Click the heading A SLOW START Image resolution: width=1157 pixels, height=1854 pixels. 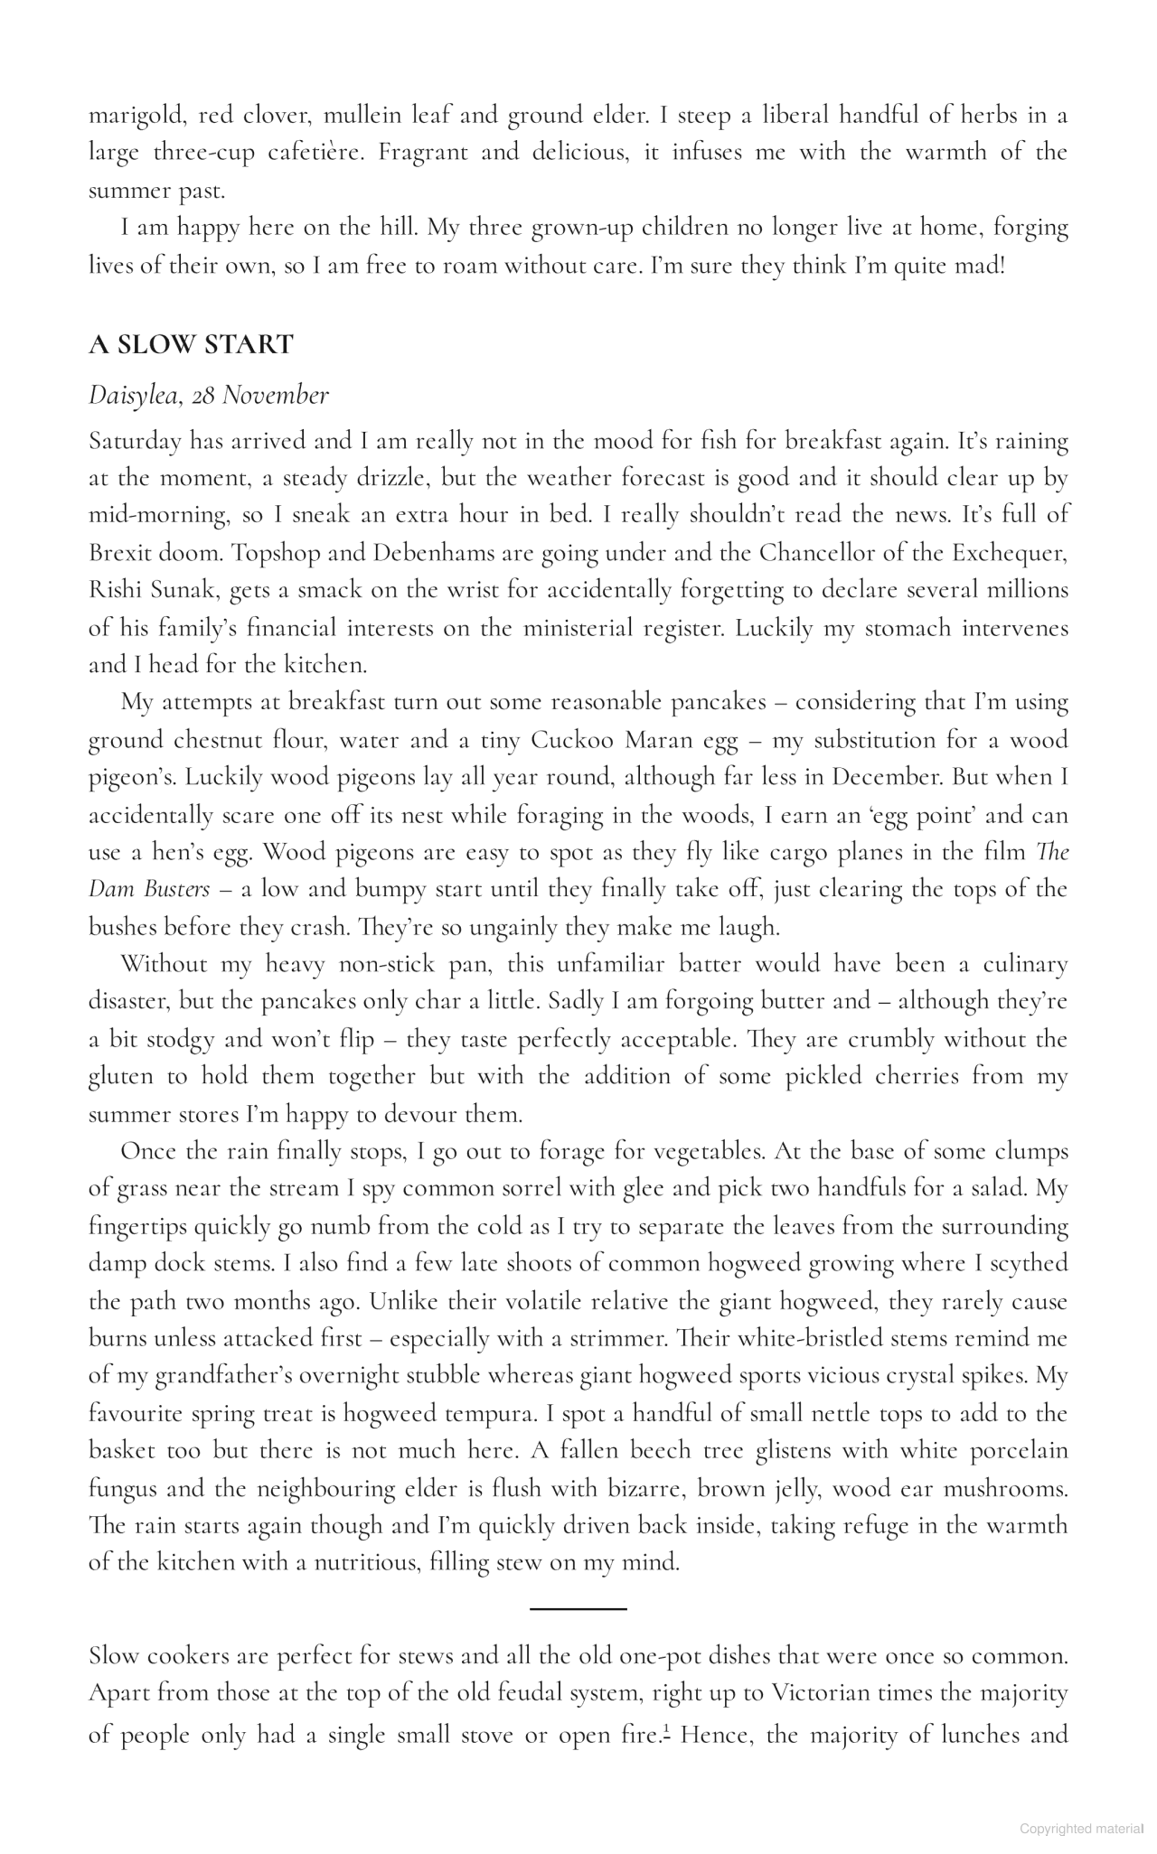[x=191, y=344]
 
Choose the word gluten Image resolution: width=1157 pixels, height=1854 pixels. [x=126, y=1077]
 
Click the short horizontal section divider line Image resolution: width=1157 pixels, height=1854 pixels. [x=578, y=1609]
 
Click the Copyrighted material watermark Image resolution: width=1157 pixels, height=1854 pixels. [x=1081, y=1829]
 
